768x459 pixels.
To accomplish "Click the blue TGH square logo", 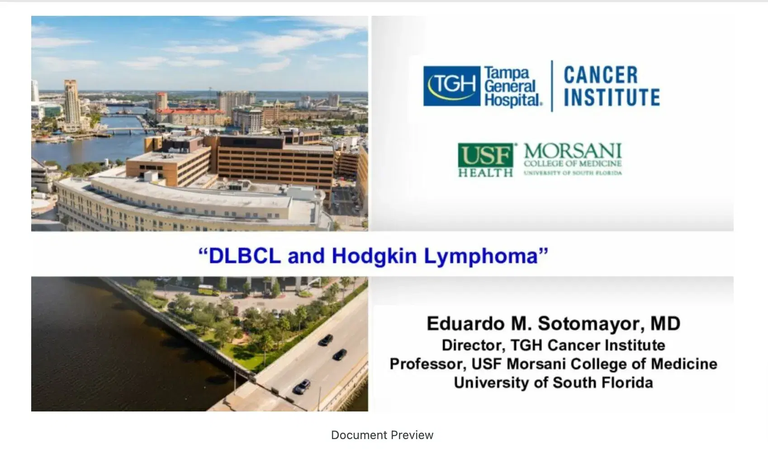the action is (452, 86).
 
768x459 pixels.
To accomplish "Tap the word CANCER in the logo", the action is (601, 75).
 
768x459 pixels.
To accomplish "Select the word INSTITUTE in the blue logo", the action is (612, 97).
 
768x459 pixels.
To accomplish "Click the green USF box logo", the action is (486, 155).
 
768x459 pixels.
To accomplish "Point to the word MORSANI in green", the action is (573, 151).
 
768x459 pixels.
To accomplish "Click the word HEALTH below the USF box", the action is (486, 172).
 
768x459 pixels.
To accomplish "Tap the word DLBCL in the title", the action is (245, 256).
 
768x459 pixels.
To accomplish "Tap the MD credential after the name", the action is (665, 323).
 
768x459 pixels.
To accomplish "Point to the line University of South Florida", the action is (553, 383).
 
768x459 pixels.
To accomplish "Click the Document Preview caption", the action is (382, 435).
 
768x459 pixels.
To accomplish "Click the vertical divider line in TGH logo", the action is (552, 86).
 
